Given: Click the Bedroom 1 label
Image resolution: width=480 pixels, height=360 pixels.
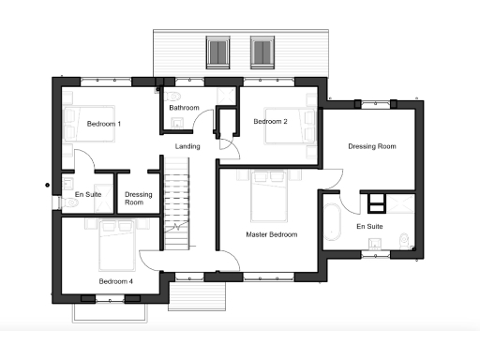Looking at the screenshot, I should click(104, 124).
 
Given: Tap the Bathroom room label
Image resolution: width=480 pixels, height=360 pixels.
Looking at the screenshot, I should click(184, 108).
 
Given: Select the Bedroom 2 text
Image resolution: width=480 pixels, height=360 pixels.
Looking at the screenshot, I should click(270, 122).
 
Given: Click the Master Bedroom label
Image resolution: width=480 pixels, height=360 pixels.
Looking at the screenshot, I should click(272, 234).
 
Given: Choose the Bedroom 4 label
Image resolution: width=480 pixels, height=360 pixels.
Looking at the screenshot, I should click(116, 280).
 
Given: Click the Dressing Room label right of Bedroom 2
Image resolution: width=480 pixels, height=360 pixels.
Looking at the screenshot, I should click(372, 146).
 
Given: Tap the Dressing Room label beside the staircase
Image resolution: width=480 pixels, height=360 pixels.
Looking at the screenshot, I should click(140, 199).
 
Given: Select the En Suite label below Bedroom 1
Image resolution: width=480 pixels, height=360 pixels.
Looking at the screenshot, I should click(88, 194).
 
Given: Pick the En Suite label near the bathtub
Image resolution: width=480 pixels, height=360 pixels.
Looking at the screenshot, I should click(369, 226).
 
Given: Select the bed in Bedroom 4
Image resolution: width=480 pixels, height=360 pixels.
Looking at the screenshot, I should click(117, 242).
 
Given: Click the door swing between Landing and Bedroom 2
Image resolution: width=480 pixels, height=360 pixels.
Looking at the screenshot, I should click(226, 140).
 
